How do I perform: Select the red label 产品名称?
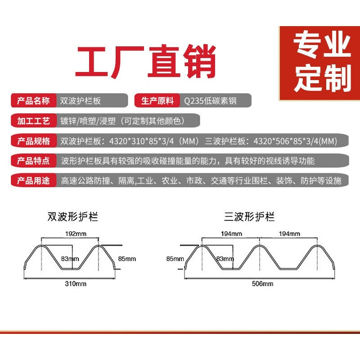(x=33, y=100)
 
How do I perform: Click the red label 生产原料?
(x=157, y=100)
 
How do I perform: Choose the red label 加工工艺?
(x=33, y=121)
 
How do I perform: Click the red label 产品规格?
(x=33, y=141)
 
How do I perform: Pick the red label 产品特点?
(x=33, y=161)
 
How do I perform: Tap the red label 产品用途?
(x=33, y=181)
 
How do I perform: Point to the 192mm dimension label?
(x=70, y=234)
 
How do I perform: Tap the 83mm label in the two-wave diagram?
(x=70, y=259)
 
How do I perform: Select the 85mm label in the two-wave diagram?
(x=126, y=259)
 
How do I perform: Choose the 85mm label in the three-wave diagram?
(x=175, y=259)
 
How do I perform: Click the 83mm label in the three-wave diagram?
(x=225, y=259)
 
